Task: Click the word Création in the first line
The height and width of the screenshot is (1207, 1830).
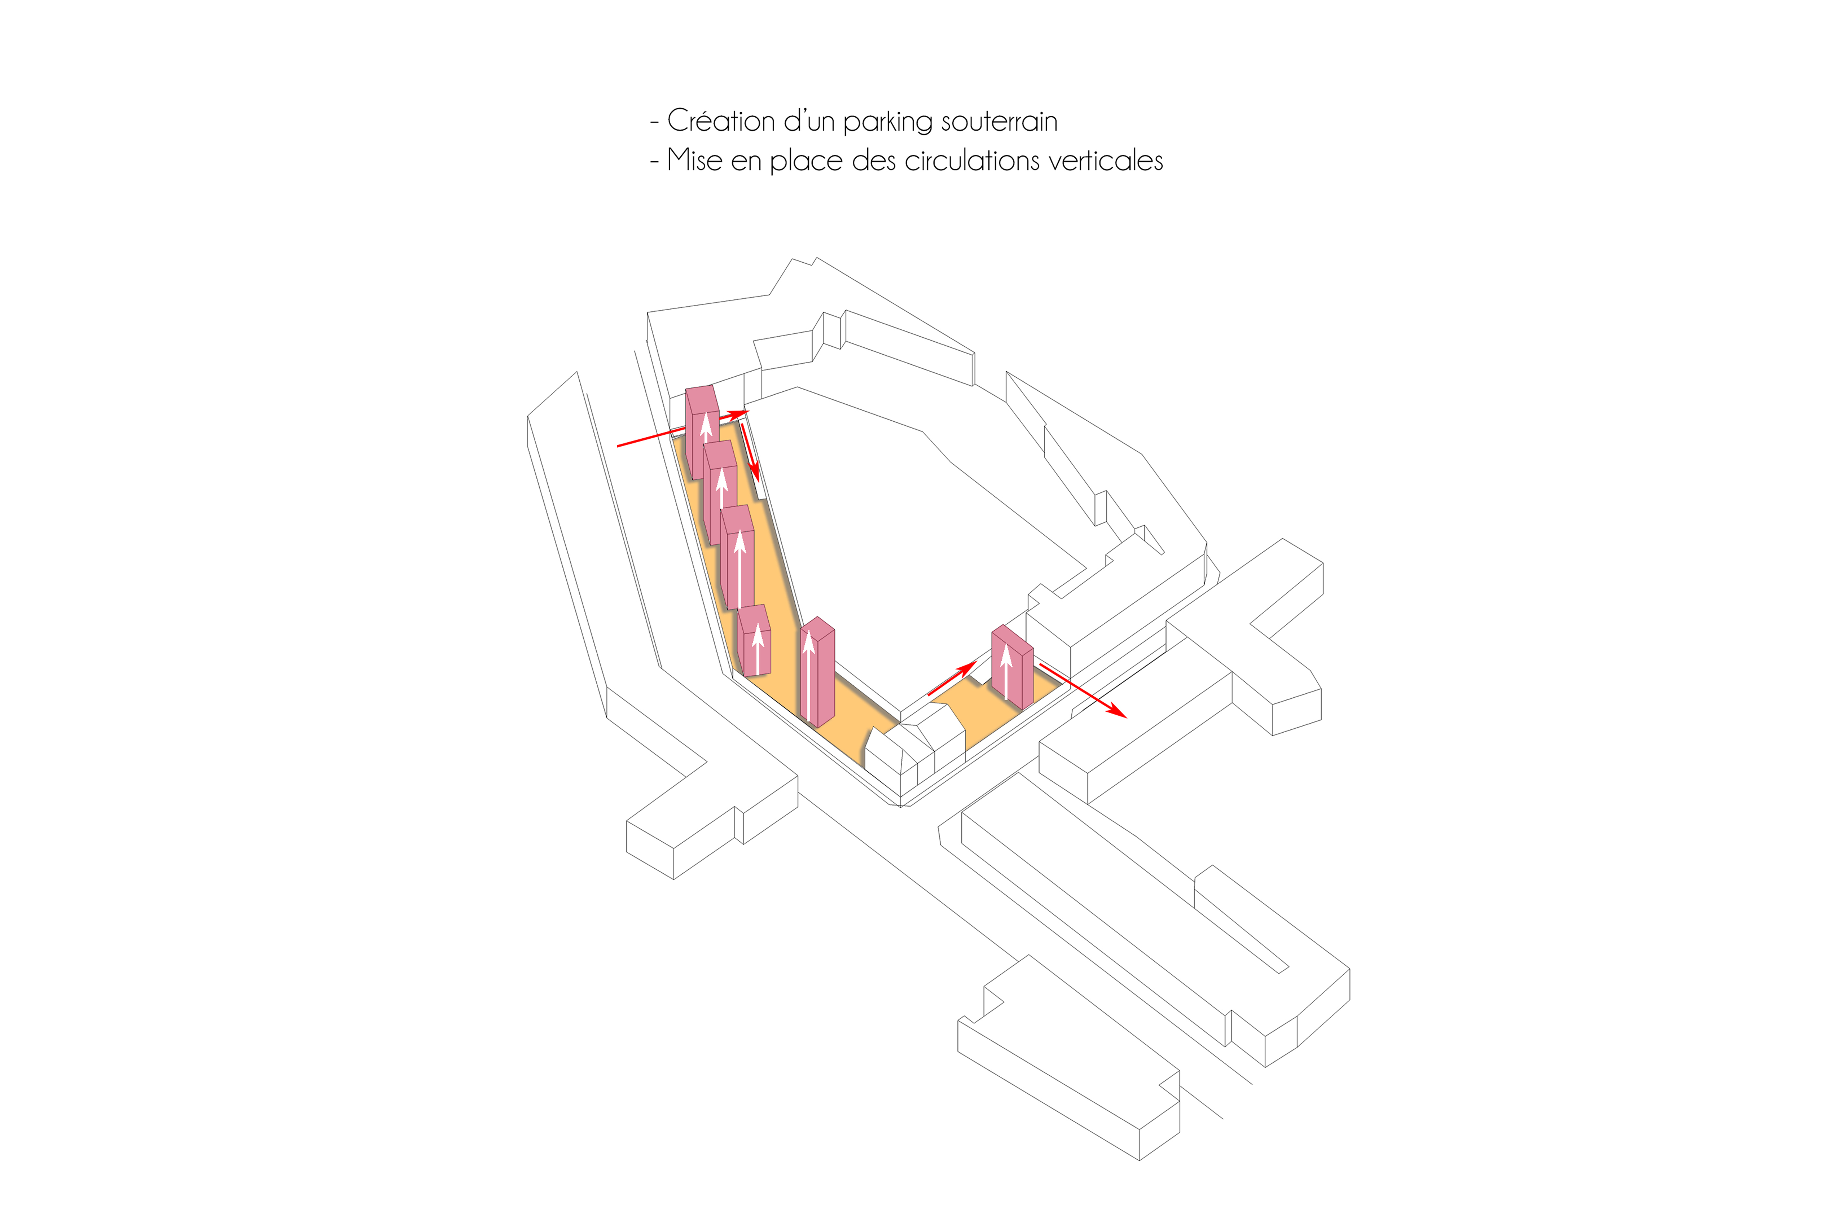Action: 721,121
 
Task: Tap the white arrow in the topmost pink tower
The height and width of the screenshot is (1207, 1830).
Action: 706,428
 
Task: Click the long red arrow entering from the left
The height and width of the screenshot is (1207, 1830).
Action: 683,429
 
